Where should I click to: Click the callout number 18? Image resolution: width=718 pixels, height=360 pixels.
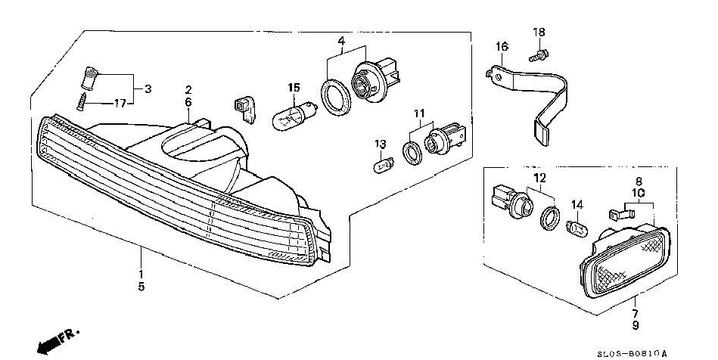point(539,32)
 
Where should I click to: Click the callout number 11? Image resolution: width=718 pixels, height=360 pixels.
point(417,113)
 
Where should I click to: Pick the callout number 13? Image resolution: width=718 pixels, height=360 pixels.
point(381,144)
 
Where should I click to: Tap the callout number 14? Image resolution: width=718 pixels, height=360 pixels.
point(577,205)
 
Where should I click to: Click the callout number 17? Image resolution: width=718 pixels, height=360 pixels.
point(120,103)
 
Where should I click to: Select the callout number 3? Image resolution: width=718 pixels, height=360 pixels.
point(148,88)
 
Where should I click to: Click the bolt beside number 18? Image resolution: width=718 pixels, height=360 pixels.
point(539,54)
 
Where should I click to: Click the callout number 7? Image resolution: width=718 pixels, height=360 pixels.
point(634,312)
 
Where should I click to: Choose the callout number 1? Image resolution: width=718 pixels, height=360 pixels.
point(141,273)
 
